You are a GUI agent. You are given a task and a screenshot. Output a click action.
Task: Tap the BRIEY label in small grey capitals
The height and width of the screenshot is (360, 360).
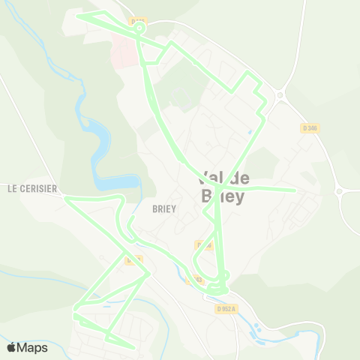click(163, 209)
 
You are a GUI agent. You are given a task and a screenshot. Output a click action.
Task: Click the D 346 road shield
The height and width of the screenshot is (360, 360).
click(310, 128)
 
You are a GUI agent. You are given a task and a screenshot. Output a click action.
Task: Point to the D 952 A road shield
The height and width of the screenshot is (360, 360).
click(226, 308)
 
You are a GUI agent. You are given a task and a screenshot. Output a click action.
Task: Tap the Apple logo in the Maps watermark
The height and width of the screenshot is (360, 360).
click(12, 347)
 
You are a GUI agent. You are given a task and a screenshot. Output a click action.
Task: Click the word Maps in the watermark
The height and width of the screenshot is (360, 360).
click(33, 347)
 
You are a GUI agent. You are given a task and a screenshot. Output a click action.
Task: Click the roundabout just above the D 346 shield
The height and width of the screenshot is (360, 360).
click(281, 95)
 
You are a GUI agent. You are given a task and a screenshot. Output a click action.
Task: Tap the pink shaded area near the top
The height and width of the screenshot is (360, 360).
click(125, 49)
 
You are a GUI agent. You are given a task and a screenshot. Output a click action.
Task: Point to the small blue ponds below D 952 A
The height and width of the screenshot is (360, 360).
click(259, 328)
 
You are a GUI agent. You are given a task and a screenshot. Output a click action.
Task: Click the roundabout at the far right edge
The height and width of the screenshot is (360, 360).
click(339, 191)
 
